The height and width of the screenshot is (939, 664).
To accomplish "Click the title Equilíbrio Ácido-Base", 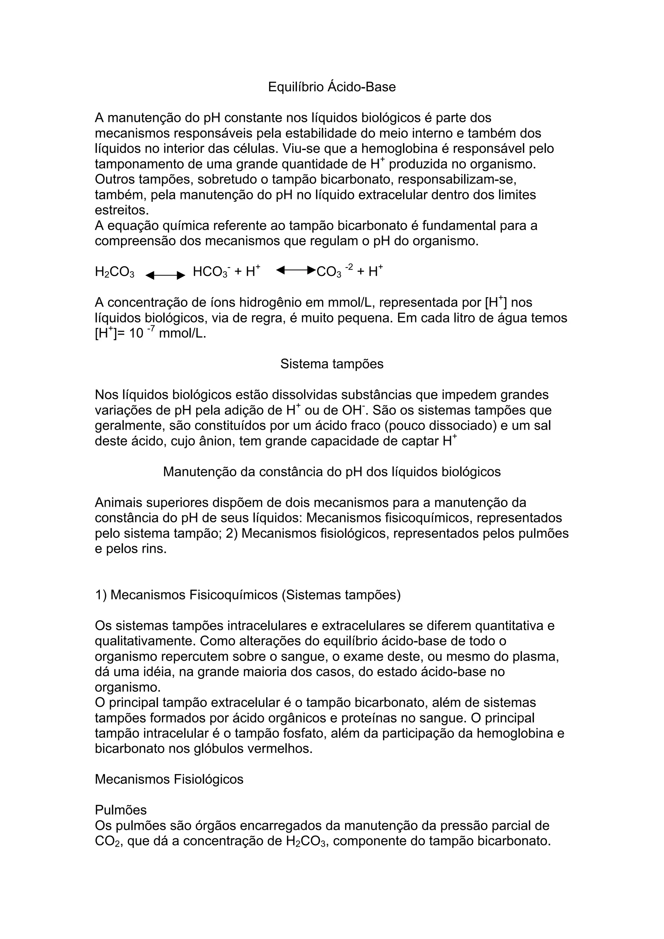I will click(332, 87).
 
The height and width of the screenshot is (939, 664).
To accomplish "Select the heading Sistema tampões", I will click(332, 364).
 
